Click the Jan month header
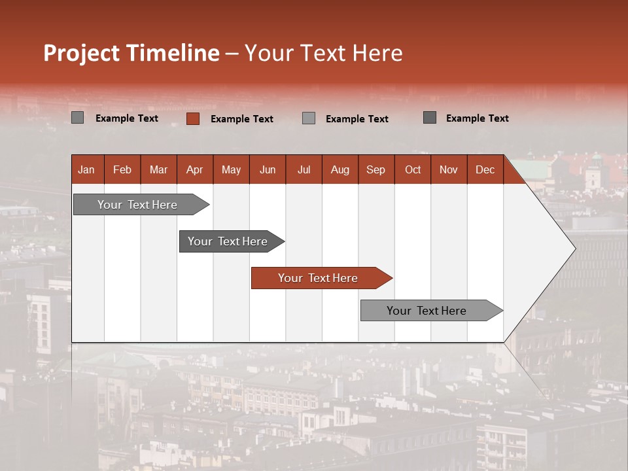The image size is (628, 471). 86,170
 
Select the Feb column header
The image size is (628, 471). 122,170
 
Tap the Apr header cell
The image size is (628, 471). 194,170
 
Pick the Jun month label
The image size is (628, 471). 268,170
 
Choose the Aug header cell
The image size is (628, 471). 340,170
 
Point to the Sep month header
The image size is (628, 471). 375,170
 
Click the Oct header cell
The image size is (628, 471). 413,170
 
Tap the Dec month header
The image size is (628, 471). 485,170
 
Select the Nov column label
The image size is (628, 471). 448,170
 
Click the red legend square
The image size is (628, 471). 192,118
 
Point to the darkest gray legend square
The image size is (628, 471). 430,118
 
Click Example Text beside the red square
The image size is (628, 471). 241,119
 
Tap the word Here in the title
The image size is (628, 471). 377,53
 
